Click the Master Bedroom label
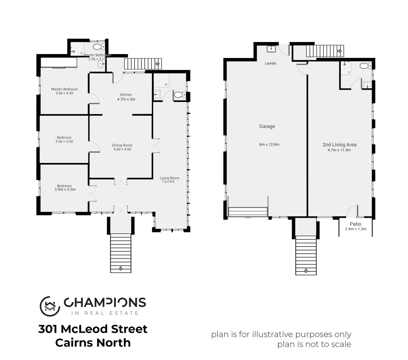coord(64,89)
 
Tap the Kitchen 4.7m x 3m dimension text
coord(126,99)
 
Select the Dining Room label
coord(122,145)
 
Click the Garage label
coord(267,126)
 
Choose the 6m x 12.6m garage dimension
coord(269,144)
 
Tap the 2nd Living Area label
coord(339,145)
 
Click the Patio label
coord(355,224)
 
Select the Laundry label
coord(271,63)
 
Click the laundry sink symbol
coord(271,49)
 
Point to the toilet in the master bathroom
coord(99,46)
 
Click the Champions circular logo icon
coord(50,306)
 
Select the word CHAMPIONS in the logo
coord(105,302)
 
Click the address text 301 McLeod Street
coord(93,329)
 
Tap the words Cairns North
coord(93,343)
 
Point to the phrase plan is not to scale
coord(314,344)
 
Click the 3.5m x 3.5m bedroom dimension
coord(65,189)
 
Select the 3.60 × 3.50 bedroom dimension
coord(64,142)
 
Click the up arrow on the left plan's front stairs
coord(121,268)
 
